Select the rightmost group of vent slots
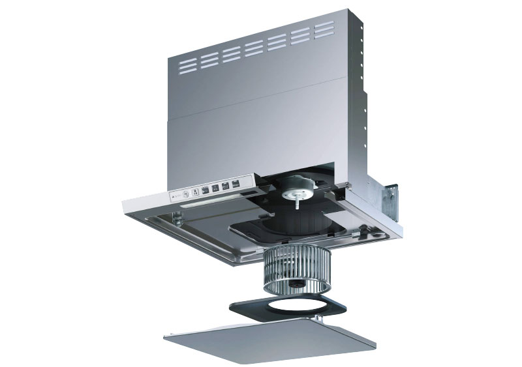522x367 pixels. [x=324, y=30]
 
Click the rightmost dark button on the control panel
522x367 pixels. [x=236, y=183]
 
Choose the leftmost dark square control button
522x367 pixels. [x=204, y=190]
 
